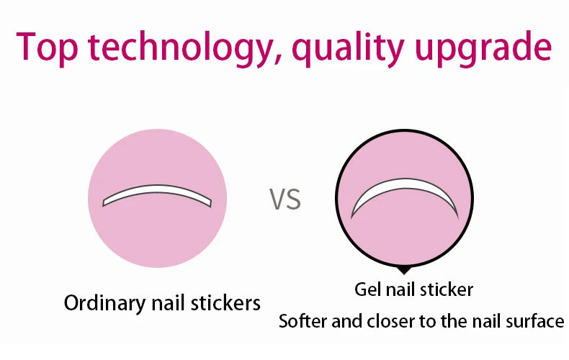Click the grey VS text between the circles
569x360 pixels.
point(285,199)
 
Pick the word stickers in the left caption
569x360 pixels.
point(225,302)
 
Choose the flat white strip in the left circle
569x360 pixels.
point(157,194)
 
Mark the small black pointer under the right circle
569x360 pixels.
point(405,269)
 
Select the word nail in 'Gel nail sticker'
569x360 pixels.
point(404,289)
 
